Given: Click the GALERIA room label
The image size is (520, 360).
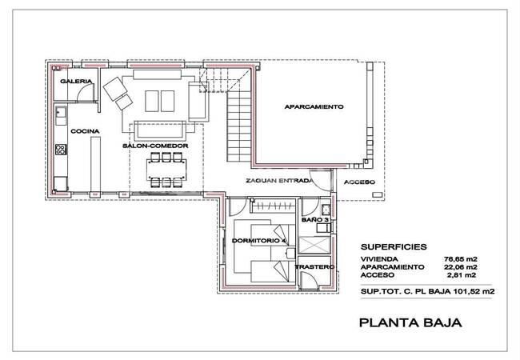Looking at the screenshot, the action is pyautogui.click(x=76, y=82).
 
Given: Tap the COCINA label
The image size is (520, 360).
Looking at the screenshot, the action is pyautogui.click(x=85, y=131).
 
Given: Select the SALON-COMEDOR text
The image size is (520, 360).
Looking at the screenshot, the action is pyautogui.click(x=155, y=146).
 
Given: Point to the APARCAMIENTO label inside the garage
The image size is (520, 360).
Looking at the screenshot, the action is pyautogui.click(x=314, y=106).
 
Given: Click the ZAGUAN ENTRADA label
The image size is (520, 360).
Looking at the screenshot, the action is pyautogui.click(x=279, y=181).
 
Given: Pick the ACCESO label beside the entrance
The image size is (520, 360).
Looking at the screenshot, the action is pyautogui.click(x=359, y=182).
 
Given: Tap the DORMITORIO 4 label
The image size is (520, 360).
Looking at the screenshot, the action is pyautogui.click(x=259, y=241).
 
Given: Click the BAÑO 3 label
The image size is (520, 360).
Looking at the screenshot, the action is pyautogui.click(x=315, y=220).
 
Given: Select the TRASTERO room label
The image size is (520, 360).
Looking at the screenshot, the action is pyautogui.click(x=314, y=267).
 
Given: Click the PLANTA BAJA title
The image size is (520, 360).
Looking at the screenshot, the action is pyautogui.click(x=410, y=322).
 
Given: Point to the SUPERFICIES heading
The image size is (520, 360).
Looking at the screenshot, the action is pyautogui.click(x=394, y=246).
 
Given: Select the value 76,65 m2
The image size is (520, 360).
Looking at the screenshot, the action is pyautogui.click(x=460, y=259).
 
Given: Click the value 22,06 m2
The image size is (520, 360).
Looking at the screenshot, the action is pyautogui.click(x=460, y=267).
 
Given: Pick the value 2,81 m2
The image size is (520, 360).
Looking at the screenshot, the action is pyautogui.click(x=462, y=275).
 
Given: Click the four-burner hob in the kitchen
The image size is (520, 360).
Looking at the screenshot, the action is pyautogui.click(x=61, y=150).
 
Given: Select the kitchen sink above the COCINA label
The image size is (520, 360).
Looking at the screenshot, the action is pyautogui.click(x=61, y=112).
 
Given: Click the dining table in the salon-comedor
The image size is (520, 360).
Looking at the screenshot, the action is pyautogui.click(x=166, y=170).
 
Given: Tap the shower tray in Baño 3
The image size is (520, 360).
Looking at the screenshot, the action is pyautogui.click(x=314, y=245).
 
